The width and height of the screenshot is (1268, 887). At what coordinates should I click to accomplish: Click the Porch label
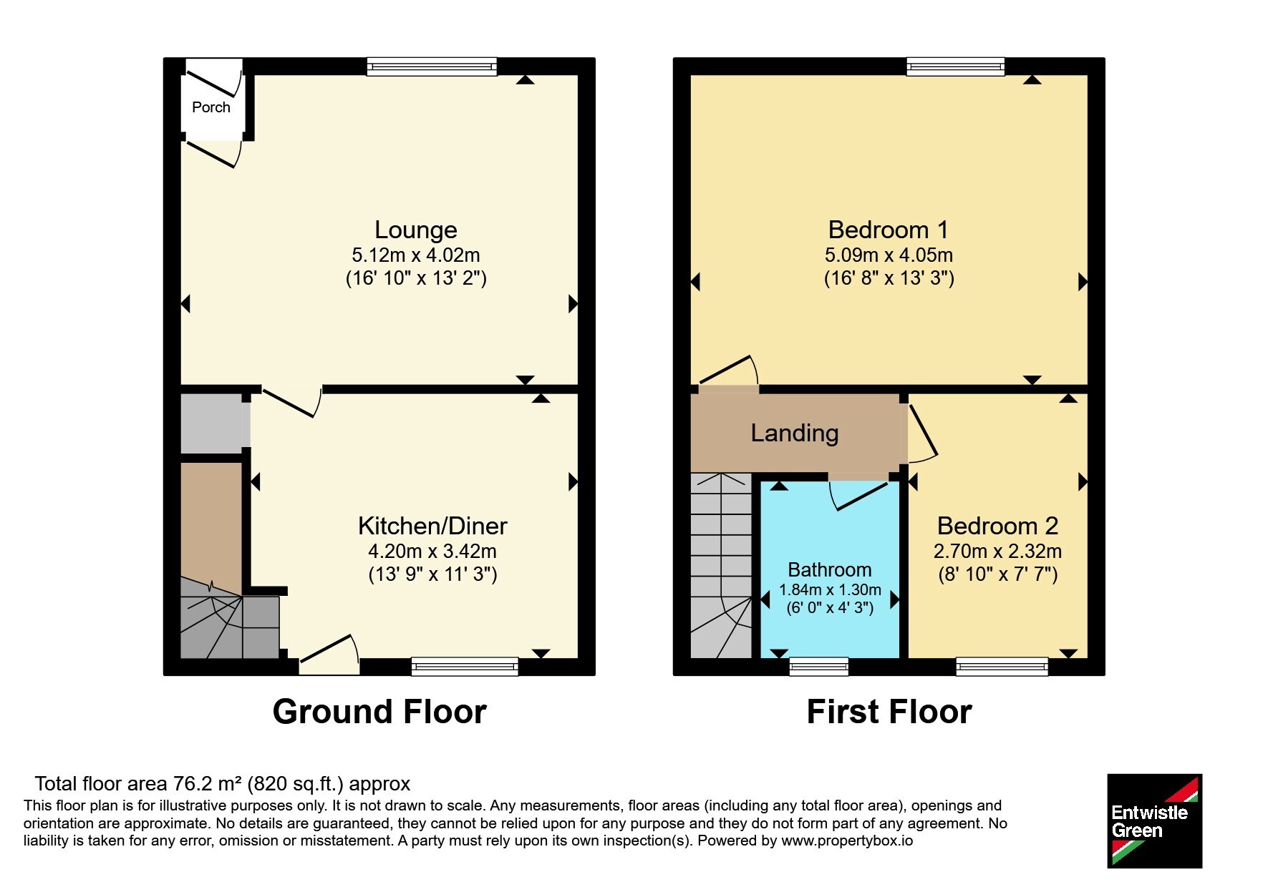click(211, 107)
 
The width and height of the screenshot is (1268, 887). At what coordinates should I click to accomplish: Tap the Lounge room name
click(416, 230)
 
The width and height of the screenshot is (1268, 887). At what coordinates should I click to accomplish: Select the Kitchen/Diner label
click(432, 526)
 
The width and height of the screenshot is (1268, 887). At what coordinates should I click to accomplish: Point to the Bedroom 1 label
click(889, 230)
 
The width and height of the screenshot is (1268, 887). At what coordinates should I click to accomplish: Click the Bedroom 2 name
click(997, 526)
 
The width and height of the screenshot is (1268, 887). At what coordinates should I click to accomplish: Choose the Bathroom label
click(830, 570)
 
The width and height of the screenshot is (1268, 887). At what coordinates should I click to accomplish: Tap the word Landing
click(795, 433)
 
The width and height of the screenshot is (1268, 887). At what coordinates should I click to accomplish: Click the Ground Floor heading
click(379, 712)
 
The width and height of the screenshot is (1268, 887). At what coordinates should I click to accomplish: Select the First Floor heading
click(889, 712)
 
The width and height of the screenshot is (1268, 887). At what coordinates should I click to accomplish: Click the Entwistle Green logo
click(1154, 820)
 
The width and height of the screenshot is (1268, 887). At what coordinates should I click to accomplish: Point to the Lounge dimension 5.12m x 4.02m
click(416, 255)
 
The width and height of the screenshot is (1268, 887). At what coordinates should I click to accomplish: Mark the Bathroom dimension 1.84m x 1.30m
click(830, 590)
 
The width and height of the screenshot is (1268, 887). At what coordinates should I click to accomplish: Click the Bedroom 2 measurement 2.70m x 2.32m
click(997, 552)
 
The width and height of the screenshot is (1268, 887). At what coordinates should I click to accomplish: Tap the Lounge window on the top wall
click(432, 67)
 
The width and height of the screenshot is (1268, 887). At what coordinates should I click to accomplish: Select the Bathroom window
click(819, 667)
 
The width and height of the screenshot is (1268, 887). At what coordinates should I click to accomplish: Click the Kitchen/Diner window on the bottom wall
click(465, 667)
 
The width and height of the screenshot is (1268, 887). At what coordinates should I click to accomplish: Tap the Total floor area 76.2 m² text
click(222, 784)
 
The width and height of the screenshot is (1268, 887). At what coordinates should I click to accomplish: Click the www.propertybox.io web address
click(847, 841)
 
